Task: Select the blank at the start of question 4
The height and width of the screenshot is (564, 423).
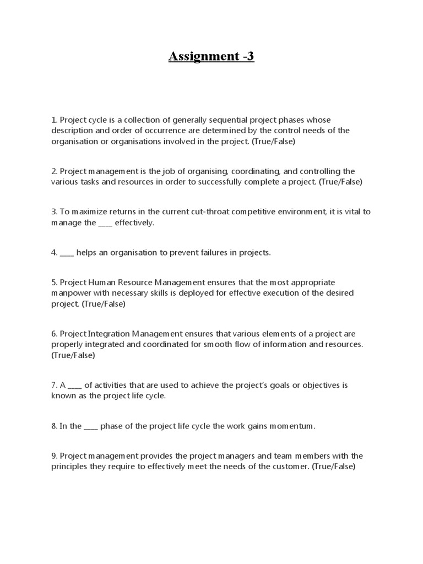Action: pos(67,252)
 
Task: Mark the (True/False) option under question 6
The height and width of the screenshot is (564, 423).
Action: pos(73,355)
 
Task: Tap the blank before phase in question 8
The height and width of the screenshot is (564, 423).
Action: pos(91,426)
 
